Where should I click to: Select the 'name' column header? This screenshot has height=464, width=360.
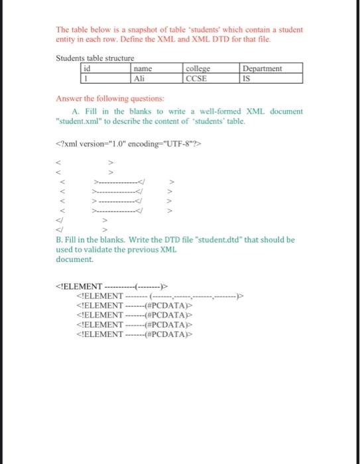point(155,68)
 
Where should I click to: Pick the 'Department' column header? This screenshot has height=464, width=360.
point(270,68)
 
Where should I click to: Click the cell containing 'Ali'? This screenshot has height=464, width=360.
point(155,78)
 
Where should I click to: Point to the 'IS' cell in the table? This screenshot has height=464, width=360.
point(270,78)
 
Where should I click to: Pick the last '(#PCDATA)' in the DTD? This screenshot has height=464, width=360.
point(164,334)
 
